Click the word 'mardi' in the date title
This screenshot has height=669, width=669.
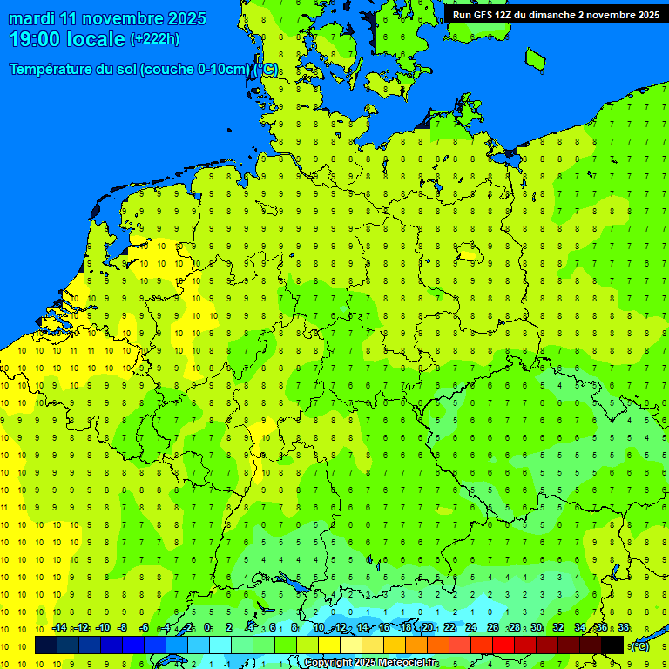pos(33,18)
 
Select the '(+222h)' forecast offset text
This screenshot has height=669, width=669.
pos(155,39)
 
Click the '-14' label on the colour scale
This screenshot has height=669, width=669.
pos(59,628)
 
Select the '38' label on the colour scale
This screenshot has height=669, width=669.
pos(624,628)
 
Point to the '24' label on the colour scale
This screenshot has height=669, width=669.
pos(471,628)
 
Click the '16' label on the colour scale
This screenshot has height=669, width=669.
pos(384,628)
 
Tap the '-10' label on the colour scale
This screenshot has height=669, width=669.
pos(103,628)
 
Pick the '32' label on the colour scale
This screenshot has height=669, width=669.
pos(558,628)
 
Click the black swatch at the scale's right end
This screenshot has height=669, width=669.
pos(612,645)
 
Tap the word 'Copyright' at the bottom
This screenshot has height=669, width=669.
pos(328,663)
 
